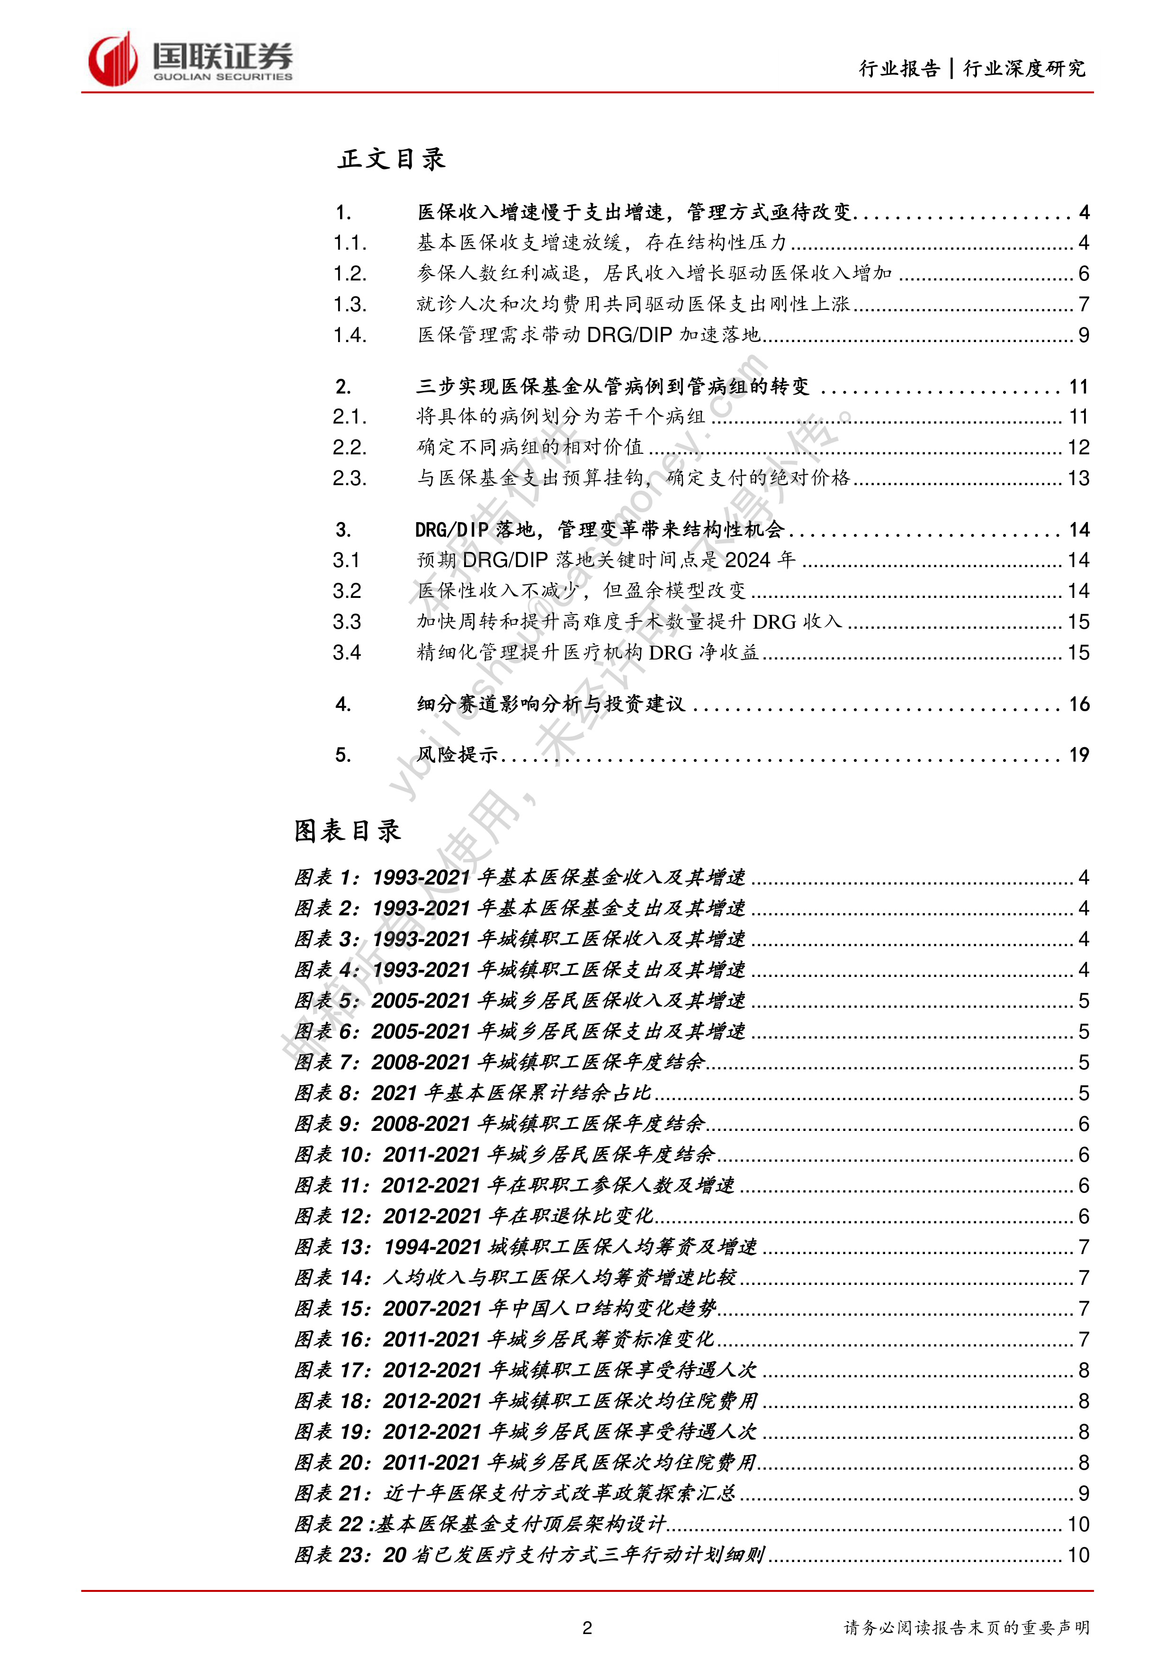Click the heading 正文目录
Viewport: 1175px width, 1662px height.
[x=391, y=159]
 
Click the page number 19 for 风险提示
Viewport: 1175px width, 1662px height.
[x=1079, y=755]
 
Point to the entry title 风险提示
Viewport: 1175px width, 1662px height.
[x=457, y=755]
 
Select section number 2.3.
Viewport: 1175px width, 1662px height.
[x=350, y=479]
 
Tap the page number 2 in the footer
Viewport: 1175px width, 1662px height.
[x=587, y=1628]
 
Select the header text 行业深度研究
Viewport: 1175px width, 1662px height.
[x=1024, y=69]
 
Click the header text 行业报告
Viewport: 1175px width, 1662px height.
[x=899, y=69]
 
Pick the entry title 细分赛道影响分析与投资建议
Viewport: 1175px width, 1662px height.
[x=551, y=705]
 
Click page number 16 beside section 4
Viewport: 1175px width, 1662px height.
[x=1079, y=705]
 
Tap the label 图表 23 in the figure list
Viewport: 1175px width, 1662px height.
[x=331, y=1555]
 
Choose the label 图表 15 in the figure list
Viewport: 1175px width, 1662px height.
[x=331, y=1309]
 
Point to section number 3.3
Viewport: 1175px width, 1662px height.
[x=347, y=622]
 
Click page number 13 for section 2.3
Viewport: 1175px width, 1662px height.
[x=1079, y=479]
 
